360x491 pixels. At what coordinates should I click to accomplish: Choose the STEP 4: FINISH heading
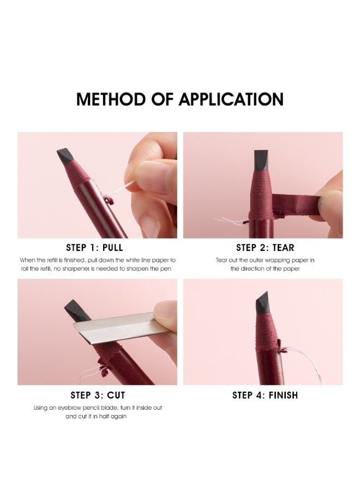pyautogui.click(x=265, y=395)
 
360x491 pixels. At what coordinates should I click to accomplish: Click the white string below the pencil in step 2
pyautogui.click(x=232, y=221)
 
